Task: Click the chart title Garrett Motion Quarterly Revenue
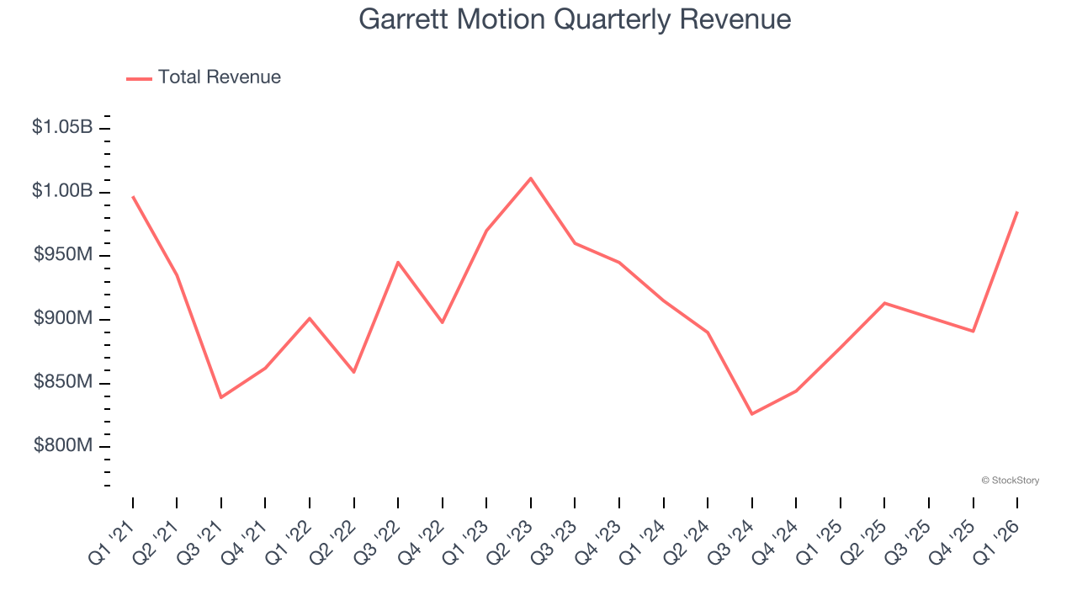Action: coord(575,19)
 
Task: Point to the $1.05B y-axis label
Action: coord(62,127)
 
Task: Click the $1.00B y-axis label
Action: coord(62,191)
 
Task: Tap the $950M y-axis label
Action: coord(63,254)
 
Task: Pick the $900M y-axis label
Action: coord(63,318)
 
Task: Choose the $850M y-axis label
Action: coord(63,382)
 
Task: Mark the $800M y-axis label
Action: coord(63,445)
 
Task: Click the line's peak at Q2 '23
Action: coord(531,178)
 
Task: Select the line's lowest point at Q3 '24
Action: coord(751,414)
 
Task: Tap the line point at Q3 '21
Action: coord(221,397)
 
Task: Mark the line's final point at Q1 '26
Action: coord(1017,212)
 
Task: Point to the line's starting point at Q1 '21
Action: coord(133,197)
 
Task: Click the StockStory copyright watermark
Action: coord(1010,481)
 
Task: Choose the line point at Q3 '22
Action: coord(398,262)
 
